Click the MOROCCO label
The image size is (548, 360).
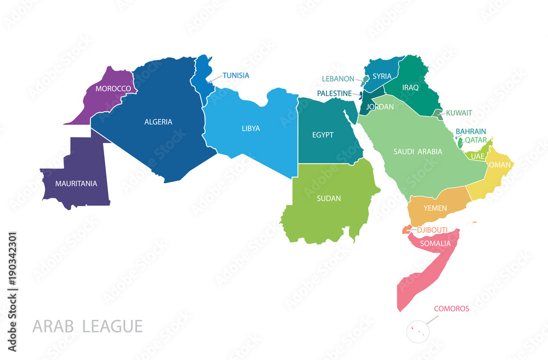[113, 88]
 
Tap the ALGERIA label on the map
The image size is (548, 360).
[158, 122]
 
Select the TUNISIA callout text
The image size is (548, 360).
[236, 76]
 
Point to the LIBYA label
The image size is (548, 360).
[250, 128]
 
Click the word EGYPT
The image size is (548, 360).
[322, 135]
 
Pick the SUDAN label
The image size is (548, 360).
[329, 198]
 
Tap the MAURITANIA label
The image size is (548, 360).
[76, 183]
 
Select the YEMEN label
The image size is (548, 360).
[435, 208]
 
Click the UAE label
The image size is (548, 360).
[478, 156]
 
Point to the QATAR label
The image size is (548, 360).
[476, 140]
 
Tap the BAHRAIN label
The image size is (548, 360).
[471, 132]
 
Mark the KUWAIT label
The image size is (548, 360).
[459, 113]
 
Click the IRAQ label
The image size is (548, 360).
[410, 87]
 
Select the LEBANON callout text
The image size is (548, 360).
[338, 79]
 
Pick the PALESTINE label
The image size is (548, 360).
[334, 94]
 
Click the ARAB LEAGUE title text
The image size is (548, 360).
[88, 326]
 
